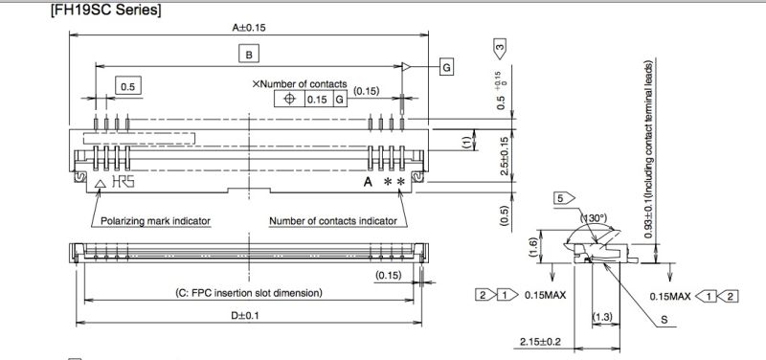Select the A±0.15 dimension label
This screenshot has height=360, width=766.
[247, 29]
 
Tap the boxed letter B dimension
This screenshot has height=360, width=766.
[248, 56]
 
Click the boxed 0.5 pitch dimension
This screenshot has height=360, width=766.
[126, 87]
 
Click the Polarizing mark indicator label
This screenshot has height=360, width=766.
[155, 220]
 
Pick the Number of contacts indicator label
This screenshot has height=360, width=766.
[333, 220]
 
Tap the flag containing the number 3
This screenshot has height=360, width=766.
[500, 46]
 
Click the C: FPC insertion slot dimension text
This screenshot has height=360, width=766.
[247, 291]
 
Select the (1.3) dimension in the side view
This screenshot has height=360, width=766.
[603, 316]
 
